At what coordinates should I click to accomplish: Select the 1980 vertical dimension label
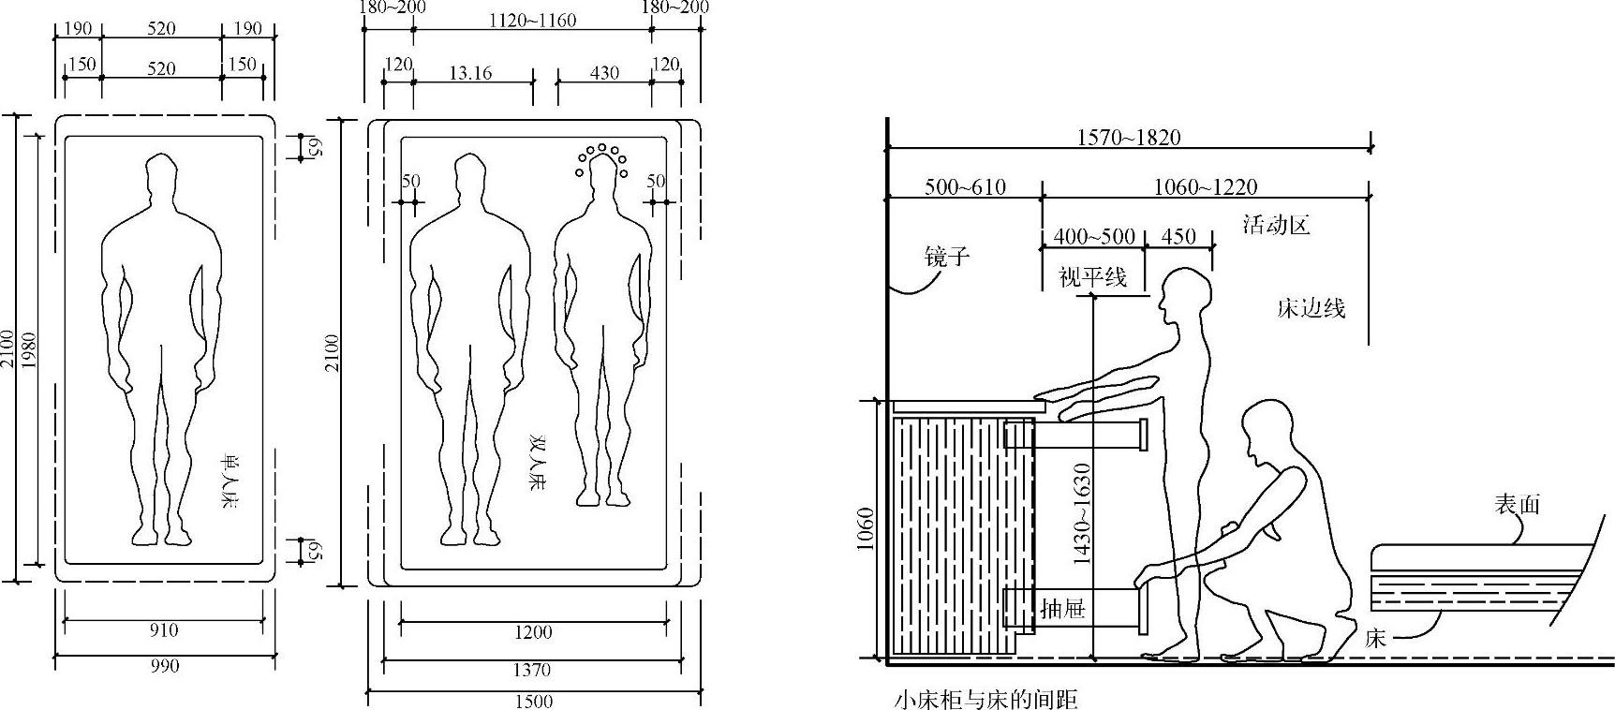pos(28,349)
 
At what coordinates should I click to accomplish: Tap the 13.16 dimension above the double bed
pos(470,72)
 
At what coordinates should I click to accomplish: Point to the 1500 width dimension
pos(534,701)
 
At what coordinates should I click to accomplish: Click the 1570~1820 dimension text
pos(1128,138)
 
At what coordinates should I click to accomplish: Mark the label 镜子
pos(946,256)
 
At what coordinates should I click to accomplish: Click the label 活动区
pos(1276,225)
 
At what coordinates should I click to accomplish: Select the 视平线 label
pos(1092,276)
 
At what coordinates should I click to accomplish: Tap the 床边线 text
pos(1311,308)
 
